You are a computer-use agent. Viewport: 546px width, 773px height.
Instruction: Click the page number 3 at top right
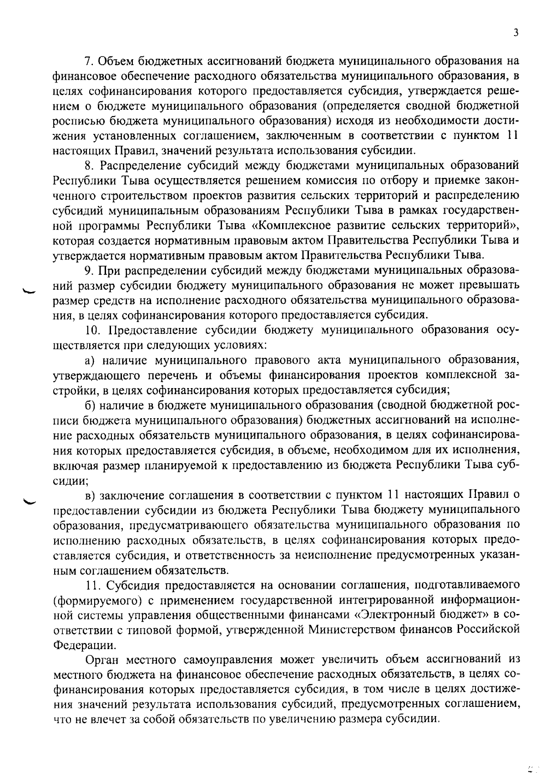pos(515,32)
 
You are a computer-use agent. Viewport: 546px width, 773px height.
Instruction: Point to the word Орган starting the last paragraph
pos(103,660)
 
